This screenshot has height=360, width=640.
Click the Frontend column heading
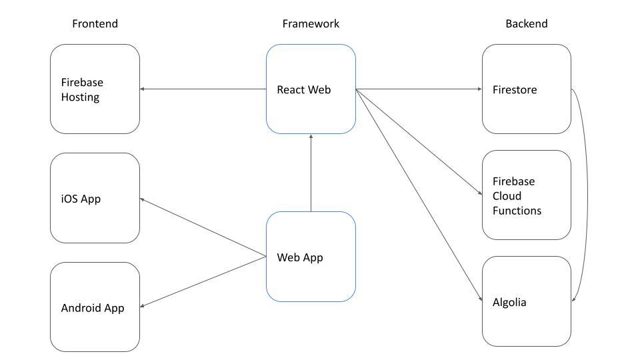pyautogui.click(x=95, y=24)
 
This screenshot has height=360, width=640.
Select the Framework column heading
pyautogui.click(x=311, y=24)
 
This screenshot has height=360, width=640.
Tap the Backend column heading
pyautogui.click(x=526, y=24)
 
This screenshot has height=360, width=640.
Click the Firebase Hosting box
pyautogui.click(x=95, y=89)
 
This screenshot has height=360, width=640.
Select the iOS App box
pyautogui.click(x=95, y=198)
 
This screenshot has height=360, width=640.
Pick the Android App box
pyautogui.click(x=95, y=307)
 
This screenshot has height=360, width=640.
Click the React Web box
pyautogui.click(x=311, y=89)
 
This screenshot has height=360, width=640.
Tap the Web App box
pyautogui.click(x=311, y=257)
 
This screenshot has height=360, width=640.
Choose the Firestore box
pyautogui.click(x=526, y=89)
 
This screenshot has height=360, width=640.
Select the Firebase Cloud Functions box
pyautogui.click(x=526, y=195)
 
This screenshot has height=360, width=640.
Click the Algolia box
pyautogui.click(x=526, y=301)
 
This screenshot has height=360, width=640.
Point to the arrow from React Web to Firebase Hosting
pyautogui.click(x=203, y=89)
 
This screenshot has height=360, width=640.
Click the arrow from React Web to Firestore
pyautogui.click(x=419, y=89)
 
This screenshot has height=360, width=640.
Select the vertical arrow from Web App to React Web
pyautogui.click(x=311, y=173)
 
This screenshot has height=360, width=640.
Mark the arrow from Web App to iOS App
pyautogui.click(x=203, y=227)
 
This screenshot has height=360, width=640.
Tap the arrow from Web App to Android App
pyautogui.click(x=203, y=282)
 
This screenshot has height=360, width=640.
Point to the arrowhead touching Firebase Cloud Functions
pyautogui.click(x=480, y=194)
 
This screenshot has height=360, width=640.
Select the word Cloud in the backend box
pyautogui.click(x=507, y=196)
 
